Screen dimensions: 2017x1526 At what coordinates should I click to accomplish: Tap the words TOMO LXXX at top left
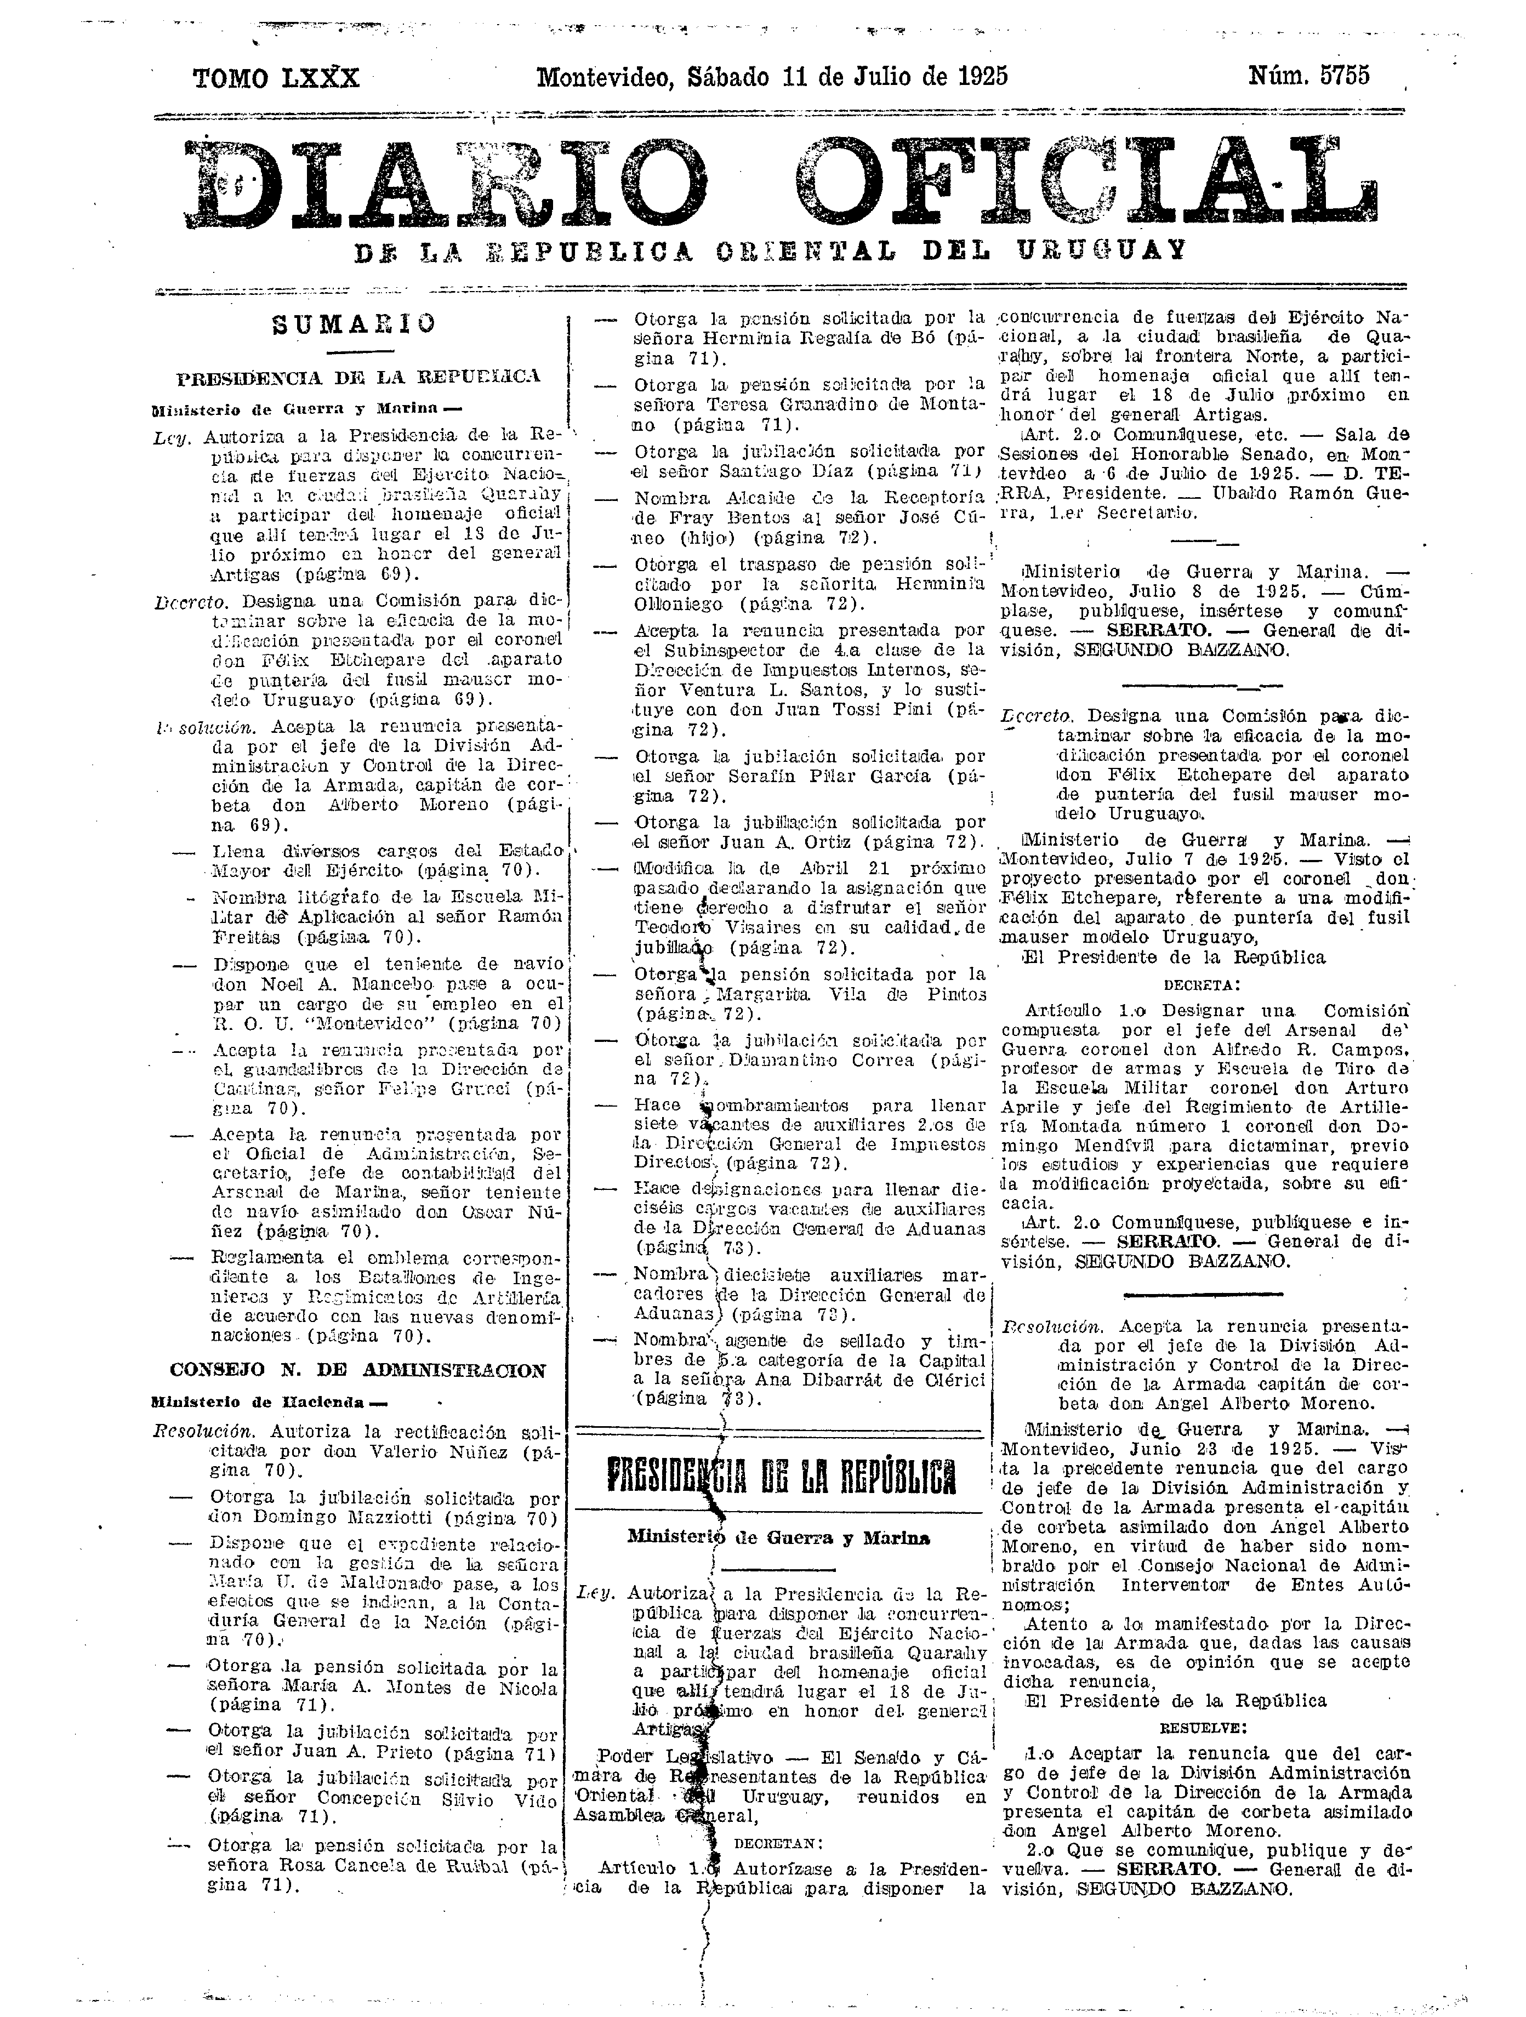[x=276, y=78]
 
